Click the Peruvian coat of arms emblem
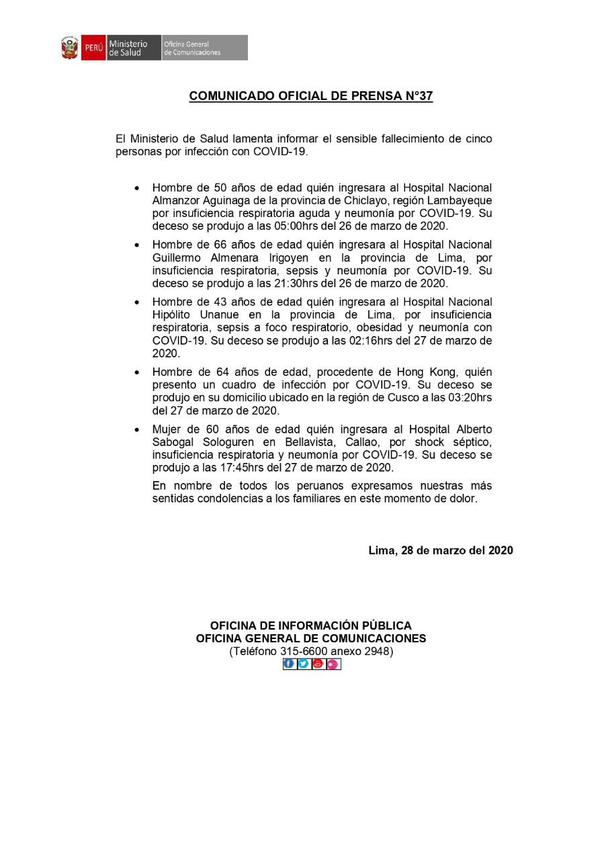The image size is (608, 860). point(70,48)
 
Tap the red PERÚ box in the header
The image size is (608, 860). point(93,48)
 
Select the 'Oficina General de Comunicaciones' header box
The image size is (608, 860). point(204,48)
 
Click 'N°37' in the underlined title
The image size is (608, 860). point(417,96)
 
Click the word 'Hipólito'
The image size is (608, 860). point(173,314)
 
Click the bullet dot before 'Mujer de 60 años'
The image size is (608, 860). point(138,430)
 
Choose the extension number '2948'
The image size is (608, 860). point(378,651)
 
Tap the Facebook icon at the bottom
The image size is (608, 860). point(289,664)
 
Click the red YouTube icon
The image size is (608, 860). point(318,664)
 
